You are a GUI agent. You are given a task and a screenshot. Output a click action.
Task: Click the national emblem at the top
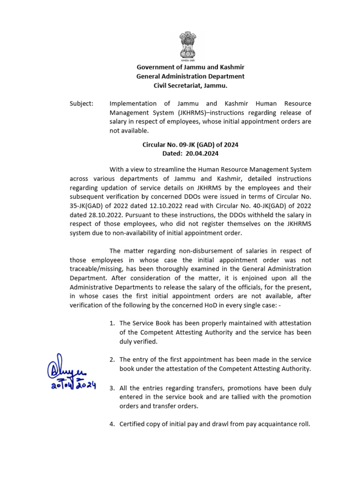[190, 46]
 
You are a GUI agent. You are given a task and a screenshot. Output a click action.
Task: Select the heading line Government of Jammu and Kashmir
[190, 67]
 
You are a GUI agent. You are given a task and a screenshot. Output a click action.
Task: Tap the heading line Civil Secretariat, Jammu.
[190, 85]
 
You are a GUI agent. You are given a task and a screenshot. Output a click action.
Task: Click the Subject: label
[81, 103]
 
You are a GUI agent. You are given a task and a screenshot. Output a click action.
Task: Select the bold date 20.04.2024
[202, 153]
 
